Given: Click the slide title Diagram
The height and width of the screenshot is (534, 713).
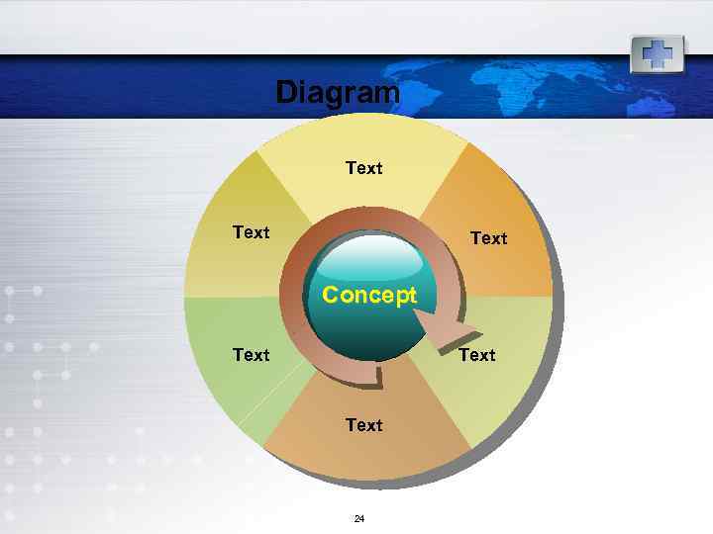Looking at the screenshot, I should click(x=337, y=92).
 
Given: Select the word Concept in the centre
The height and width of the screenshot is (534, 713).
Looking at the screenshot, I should click(x=369, y=296).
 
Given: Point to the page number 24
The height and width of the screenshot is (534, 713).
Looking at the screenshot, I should click(x=359, y=518).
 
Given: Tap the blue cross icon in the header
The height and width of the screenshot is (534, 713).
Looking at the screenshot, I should click(x=657, y=53).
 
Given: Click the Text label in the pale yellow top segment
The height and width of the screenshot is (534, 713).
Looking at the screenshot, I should click(x=363, y=168).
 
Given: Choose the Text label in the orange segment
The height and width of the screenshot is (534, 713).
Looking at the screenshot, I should click(x=488, y=238).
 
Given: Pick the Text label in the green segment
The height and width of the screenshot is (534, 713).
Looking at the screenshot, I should click(x=251, y=354).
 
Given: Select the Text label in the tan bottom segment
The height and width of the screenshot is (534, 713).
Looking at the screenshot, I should click(x=363, y=425).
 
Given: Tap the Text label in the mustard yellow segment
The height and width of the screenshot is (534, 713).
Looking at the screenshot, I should click(x=251, y=232).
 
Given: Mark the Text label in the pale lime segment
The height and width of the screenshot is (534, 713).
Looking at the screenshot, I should click(x=476, y=354).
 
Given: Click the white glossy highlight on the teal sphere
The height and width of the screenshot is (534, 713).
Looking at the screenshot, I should click(x=369, y=260).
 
